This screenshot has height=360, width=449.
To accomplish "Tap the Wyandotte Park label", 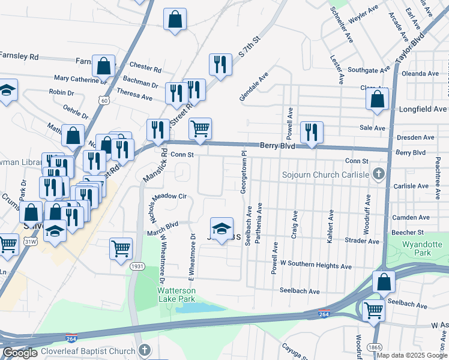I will [418, 248].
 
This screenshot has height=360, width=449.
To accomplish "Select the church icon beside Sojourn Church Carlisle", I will [378, 175].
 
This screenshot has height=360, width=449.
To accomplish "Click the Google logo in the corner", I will [20, 353].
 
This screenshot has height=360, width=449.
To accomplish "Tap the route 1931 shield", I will [137, 266].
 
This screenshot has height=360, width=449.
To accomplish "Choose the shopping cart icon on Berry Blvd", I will [200, 128].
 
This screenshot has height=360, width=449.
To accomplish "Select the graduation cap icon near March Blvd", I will [221, 228].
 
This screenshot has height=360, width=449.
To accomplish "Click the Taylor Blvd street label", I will [410, 45].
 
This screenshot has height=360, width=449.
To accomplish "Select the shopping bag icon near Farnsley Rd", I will [103, 67].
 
